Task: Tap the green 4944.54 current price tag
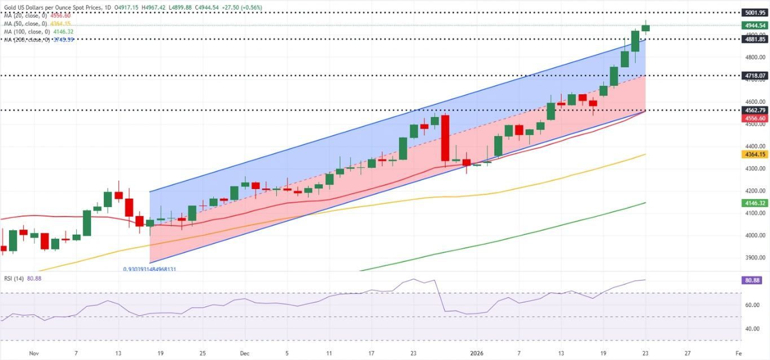[755, 25]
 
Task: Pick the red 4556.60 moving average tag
[755, 118]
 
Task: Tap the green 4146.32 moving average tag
[755, 202]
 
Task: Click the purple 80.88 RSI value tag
[755, 279]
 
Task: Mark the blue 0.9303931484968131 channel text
[149, 270]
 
